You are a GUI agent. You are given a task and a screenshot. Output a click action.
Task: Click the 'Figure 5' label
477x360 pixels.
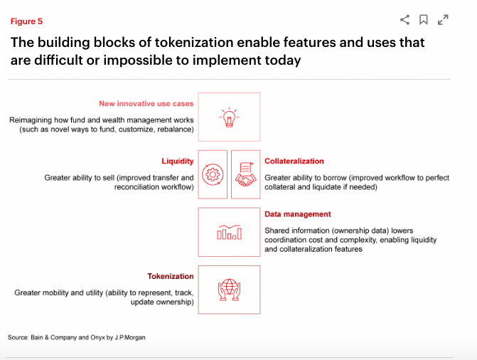tap(26, 21)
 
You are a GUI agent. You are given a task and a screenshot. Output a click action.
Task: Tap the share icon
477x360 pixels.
tap(405, 20)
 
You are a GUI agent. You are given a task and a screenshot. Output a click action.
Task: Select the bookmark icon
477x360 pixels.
tap(424, 20)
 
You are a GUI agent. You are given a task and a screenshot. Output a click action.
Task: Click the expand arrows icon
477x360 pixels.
tap(443, 20)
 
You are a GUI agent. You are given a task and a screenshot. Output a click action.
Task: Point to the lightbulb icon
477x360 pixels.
tap(229, 117)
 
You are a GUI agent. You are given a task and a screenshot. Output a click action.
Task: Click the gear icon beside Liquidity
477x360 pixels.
tap(213, 174)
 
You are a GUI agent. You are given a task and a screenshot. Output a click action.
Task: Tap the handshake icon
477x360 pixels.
tap(245, 174)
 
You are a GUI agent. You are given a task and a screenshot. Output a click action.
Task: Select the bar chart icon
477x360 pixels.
tap(229, 233)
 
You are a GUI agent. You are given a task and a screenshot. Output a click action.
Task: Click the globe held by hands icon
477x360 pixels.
tap(229, 290)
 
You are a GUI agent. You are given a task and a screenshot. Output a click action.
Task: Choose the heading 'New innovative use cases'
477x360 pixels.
tap(146, 104)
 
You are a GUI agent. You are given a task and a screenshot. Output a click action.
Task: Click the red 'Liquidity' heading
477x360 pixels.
tap(178, 162)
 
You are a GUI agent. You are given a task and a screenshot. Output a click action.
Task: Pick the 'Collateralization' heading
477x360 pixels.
tap(294, 161)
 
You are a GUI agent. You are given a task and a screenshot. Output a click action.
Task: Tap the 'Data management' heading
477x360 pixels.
tap(298, 214)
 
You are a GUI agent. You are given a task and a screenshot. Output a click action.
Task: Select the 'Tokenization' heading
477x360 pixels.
tap(171, 276)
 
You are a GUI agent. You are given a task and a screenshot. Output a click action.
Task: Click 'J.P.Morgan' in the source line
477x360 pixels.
tap(130, 337)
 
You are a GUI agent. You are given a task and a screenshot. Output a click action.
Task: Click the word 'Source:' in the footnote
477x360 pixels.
tap(18, 337)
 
